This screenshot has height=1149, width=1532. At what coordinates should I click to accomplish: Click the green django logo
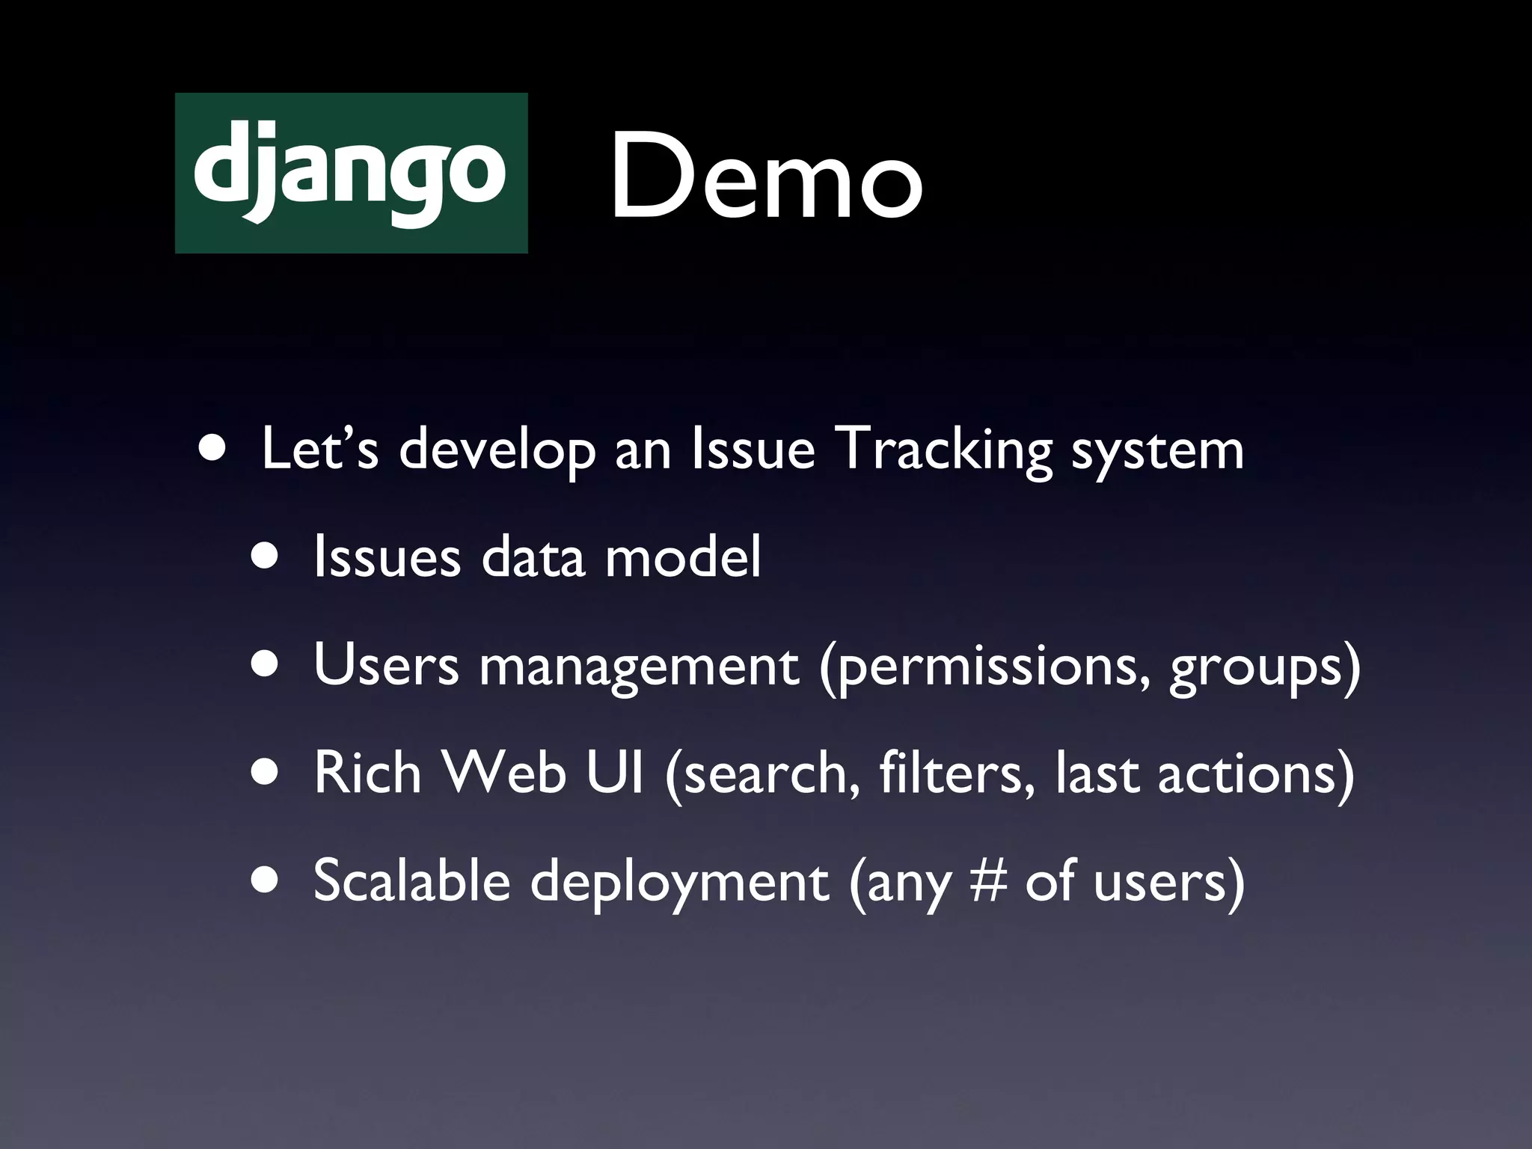(x=351, y=173)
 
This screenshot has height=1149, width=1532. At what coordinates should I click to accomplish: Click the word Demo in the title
(x=766, y=177)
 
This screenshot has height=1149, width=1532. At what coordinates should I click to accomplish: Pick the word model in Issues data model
(x=682, y=557)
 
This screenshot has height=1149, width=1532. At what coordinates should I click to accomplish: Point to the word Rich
(x=367, y=773)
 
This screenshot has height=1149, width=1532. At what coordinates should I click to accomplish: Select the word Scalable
(x=411, y=880)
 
